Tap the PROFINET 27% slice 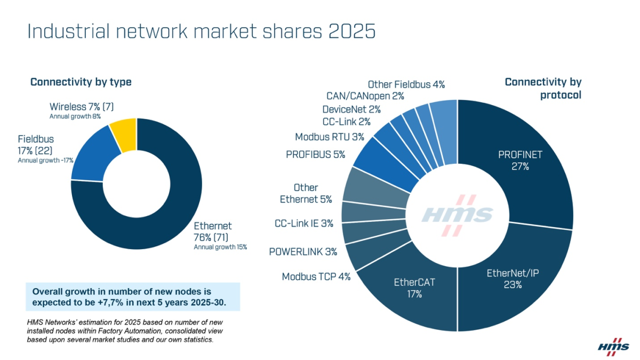(x=520, y=160)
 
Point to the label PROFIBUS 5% (x=315, y=155)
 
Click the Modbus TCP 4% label (x=316, y=277)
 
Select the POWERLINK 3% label (x=303, y=251)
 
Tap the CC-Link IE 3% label (x=304, y=223)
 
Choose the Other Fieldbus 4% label (x=406, y=84)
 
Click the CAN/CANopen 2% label (x=365, y=96)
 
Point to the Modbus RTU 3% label (x=330, y=137)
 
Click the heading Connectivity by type (x=81, y=82)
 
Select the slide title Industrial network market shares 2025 (x=202, y=31)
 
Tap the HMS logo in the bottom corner (x=610, y=347)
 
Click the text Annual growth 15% (x=220, y=247)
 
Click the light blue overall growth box (x=133, y=297)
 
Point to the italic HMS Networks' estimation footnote (x=125, y=331)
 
